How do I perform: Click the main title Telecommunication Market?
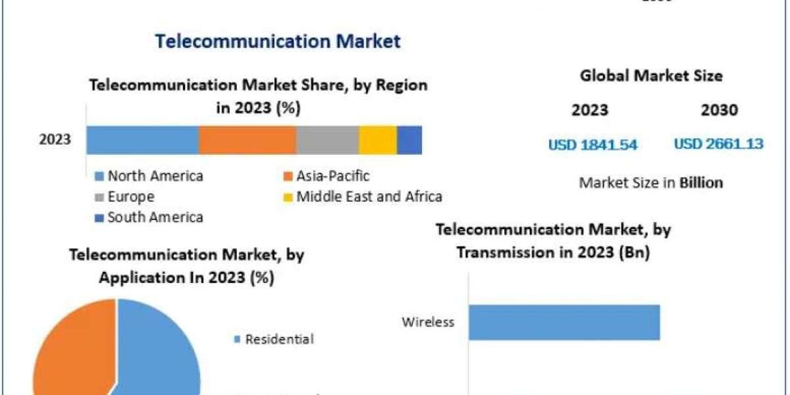[277, 41]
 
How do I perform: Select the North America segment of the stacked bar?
[142, 140]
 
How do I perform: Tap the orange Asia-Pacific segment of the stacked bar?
[248, 140]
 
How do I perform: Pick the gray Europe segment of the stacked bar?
[327, 140]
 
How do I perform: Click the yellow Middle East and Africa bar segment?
[378, 140]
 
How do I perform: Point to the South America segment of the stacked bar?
[409, 140]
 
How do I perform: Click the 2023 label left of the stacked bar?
[55, 140]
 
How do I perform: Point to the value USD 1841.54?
[592, 144]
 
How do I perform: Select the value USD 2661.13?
[718, 144]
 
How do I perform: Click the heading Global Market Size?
[651, 76]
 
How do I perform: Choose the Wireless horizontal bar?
[564, 322]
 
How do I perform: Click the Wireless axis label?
[429, 322]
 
